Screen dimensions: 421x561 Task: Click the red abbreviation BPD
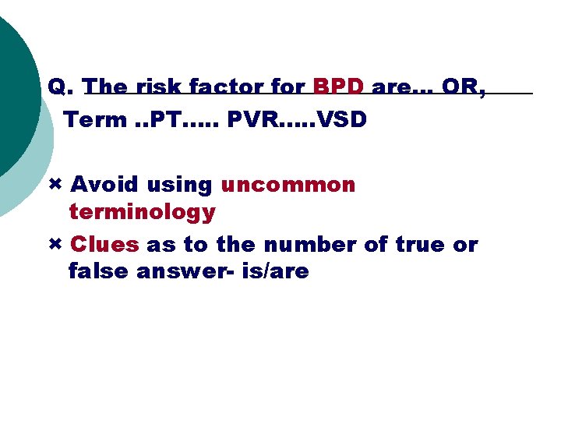338,87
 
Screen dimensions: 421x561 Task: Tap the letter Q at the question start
57,87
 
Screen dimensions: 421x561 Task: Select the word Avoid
103,185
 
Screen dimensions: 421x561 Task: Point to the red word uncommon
288,185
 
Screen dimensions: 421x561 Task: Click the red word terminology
142,211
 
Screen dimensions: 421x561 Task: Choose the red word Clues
104,244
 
